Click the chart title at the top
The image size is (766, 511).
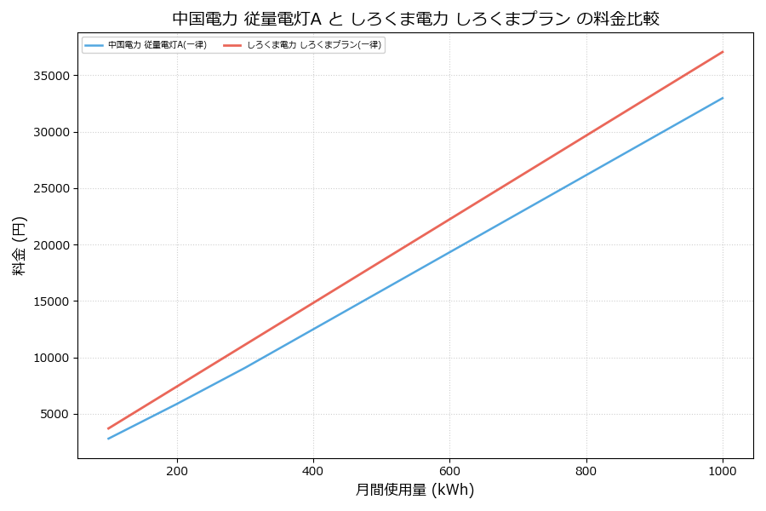coord(415,19)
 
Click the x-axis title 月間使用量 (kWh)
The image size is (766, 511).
coord(414,490)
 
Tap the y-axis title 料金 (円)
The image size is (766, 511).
coord(19,245)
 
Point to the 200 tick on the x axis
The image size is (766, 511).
coord(177,470)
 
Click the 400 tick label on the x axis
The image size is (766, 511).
coord(313,470)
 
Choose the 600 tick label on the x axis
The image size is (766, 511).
coord(449,470)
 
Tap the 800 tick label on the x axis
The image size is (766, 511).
coord(586,470)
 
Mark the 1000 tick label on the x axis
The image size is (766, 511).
coord(723,470)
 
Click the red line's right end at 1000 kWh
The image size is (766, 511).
coord(723,52)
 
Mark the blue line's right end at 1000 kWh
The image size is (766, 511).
coord(723,98)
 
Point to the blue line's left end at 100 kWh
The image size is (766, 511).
coord(108,439)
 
